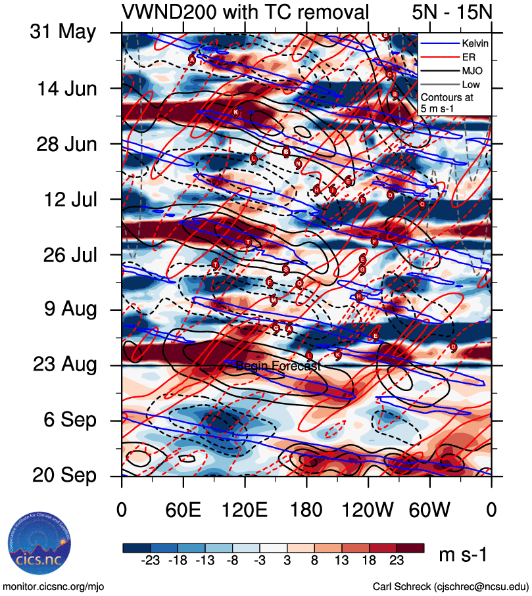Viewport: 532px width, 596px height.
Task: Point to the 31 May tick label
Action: coord(63,32)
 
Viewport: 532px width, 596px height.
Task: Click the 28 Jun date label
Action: coord(63,143)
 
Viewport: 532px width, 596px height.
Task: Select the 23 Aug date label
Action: coord(63,364)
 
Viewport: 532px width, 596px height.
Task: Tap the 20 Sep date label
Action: coord(63,475)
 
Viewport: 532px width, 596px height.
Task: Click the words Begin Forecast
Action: coord(278,366)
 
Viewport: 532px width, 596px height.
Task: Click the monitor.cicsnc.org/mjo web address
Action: coord(54,586)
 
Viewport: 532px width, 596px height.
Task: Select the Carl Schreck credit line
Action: coord(450,586)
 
